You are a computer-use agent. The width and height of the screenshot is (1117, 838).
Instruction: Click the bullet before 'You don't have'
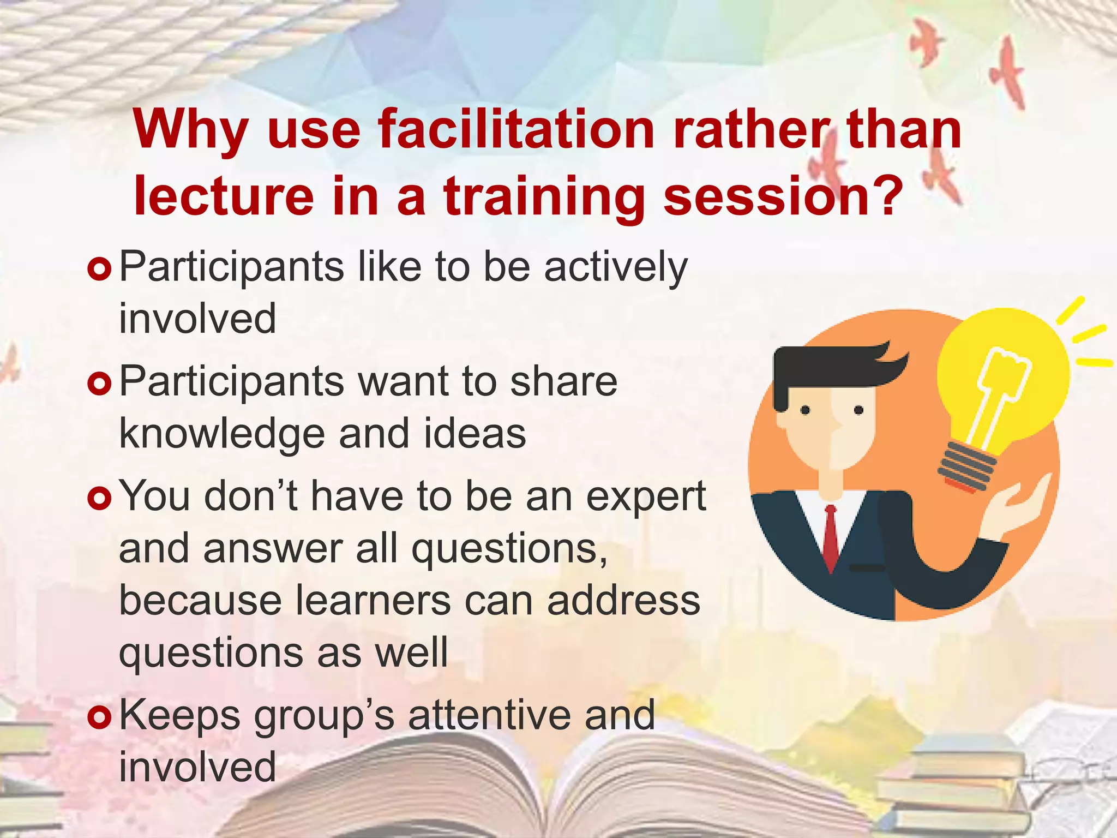(x=99, y=498)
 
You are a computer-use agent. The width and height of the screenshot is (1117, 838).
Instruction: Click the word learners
(x=373, y=600)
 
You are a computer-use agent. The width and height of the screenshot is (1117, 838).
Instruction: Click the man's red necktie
(x=830, y=537)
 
